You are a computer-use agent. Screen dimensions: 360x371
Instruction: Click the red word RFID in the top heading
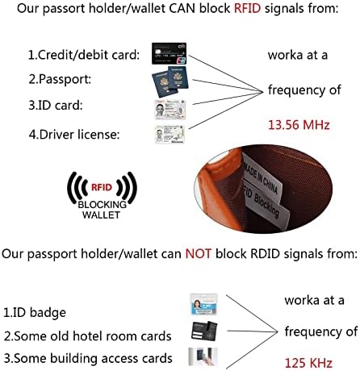247,8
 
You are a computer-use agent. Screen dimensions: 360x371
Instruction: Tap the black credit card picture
169,53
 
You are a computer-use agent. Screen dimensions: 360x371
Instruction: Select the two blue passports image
170,81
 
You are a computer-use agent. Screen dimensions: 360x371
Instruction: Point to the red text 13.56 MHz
299,125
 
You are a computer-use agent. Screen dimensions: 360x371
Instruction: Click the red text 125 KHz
308,363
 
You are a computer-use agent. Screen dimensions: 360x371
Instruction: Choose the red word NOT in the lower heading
199,254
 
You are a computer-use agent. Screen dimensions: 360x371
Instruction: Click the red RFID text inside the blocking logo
102,187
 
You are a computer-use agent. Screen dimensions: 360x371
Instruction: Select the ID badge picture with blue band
203,304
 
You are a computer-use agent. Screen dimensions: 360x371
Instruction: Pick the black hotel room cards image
204,331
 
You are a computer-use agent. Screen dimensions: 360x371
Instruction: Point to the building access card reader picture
203,356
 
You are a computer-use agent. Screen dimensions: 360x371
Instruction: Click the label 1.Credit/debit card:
84,55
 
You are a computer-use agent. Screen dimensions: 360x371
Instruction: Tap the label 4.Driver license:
74,134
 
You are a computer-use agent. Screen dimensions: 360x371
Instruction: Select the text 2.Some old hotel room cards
88,336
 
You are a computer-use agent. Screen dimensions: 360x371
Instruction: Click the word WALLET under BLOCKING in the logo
101,215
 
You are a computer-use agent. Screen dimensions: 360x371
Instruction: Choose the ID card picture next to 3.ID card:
170,110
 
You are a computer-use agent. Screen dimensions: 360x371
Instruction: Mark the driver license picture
170,135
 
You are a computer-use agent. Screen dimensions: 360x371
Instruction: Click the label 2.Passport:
60,79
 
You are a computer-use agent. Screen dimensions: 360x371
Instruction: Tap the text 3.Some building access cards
88,358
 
